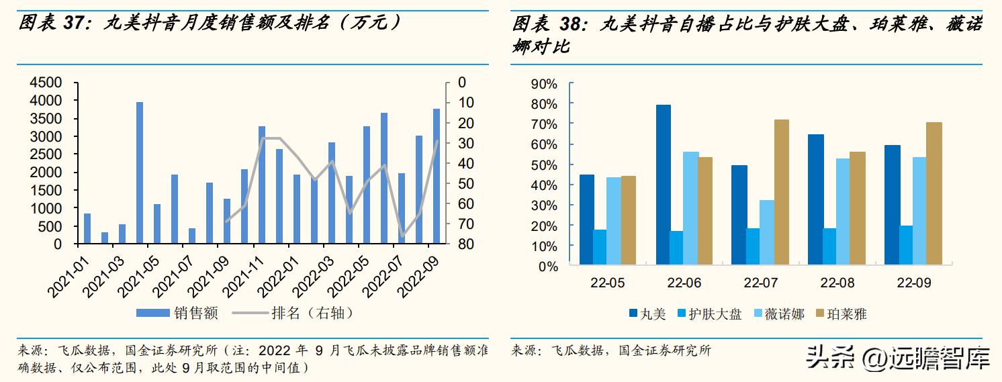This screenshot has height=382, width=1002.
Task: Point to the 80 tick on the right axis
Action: point(466,245)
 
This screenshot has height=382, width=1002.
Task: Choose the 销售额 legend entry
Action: point(179,313)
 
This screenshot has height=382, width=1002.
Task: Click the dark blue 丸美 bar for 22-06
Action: point(664,185)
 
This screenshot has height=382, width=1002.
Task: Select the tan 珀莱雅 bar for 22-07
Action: point(781,193)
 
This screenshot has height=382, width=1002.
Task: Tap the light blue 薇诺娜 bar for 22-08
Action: point(842,212)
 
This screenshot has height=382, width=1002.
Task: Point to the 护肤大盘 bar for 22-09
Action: point(906,246)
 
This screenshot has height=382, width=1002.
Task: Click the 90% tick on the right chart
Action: point(544,84)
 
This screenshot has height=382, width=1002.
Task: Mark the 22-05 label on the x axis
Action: point(607,283)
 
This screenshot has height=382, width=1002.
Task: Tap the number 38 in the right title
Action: point(574,25)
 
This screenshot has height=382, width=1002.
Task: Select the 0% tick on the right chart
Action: point(547,267)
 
